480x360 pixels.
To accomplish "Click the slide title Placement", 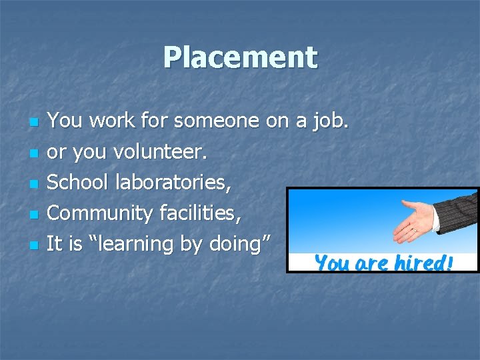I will [240, 57].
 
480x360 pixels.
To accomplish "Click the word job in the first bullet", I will [331, 121].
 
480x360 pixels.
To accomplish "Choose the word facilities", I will [201, 213].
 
